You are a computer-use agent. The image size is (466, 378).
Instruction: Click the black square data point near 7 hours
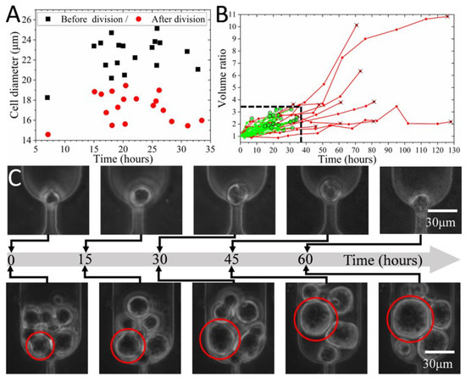coord(47,97)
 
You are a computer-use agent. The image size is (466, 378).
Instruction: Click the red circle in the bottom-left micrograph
coord(40,345)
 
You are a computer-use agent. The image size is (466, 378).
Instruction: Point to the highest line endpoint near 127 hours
coord(447,17)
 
